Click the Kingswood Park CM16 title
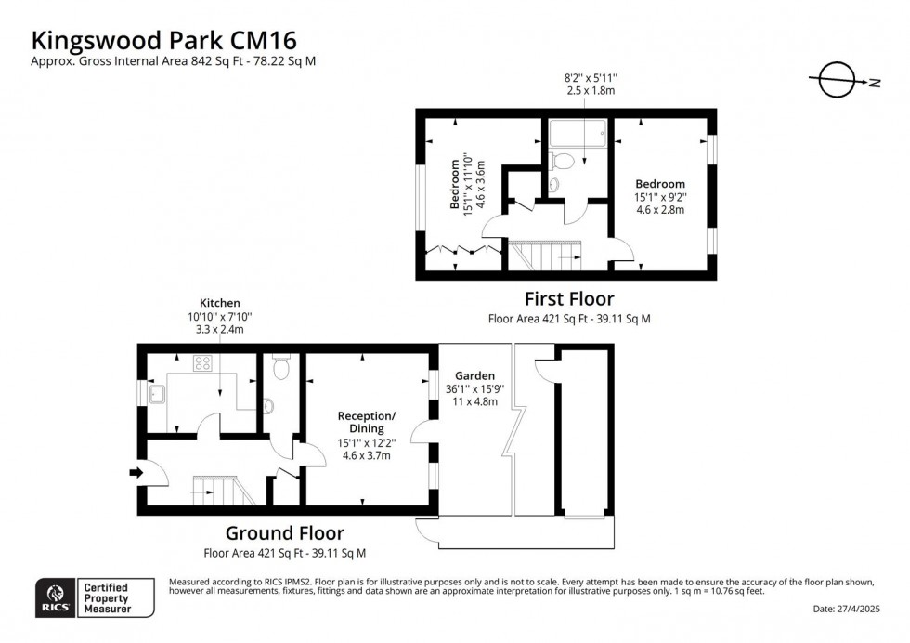click(x=165, y=40)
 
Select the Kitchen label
click(x=220, y=303)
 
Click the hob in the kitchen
click(x=203, y=362)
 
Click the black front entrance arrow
click(x=136, y=473)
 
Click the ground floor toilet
click(x=281, y=369)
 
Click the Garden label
click(x=474, y=375)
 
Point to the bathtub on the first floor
click(x=576, y=137)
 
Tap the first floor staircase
click(x=544, y=253)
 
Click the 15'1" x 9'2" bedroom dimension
click(x=659, y=197)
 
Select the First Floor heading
click(x=569, y=299)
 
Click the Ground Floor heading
click(x=284, y=533)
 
